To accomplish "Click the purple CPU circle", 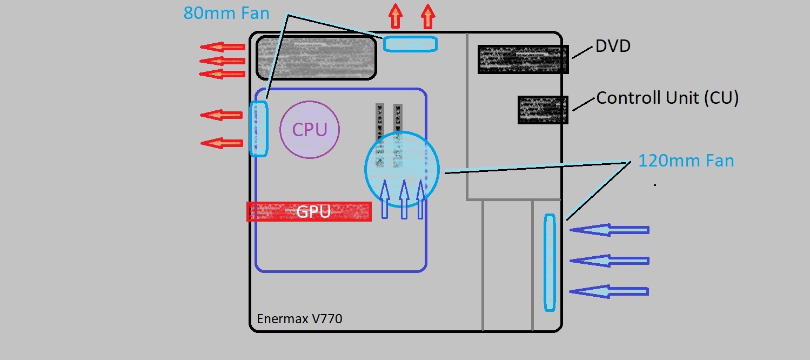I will coord(310,130).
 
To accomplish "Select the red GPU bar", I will coord(309,211).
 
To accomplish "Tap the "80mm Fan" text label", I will coord(226,13).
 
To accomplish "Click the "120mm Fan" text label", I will coord(686,161).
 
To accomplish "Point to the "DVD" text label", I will coord(613,46).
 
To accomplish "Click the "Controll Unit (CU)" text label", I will coord(667,98).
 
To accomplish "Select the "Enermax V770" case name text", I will coord(299,319).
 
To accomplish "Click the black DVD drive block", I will coord(523,59).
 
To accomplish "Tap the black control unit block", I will coord(543,110).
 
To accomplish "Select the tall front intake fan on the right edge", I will coord(550,263).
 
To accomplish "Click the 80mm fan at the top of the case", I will coord(410,44).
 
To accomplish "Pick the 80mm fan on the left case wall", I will coord(259,129).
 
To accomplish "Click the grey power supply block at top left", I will coord(316,57).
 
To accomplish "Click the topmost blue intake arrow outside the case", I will coord(609,230).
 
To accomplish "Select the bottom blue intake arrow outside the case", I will coord(609,292).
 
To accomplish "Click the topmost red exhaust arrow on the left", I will coord(223,47).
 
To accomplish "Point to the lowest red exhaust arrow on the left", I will coord(222,143).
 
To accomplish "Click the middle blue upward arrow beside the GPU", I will coord(404,199).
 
